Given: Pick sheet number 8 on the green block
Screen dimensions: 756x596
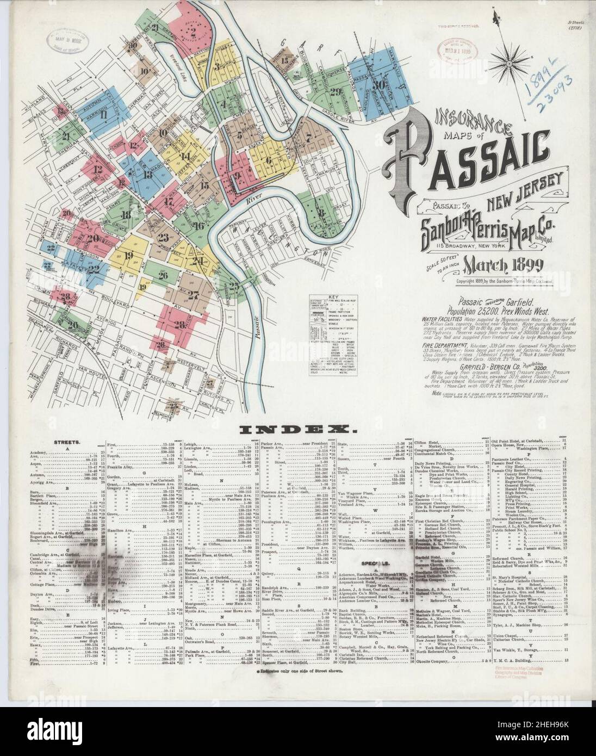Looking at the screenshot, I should tap(322, 213).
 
